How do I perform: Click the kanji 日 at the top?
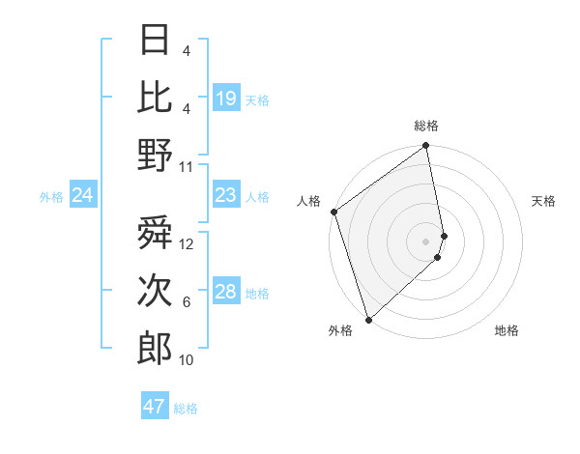point(155,41)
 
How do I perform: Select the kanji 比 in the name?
point(155,98)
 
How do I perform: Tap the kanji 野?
point(155,155)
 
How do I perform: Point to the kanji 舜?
point(155,235)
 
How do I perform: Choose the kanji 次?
point(155,291)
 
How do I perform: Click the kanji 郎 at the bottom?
point(155,349)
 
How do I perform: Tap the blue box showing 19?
point(226,99)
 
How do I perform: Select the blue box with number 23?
point(226,196)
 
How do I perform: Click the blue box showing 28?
point(226,293)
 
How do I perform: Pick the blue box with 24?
point(83,196)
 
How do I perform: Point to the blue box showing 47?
point(155,407)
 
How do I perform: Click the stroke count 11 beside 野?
point(188,166)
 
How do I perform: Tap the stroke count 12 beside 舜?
point(188,244)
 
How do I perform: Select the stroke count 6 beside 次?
point(187,302)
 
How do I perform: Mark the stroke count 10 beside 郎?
point(188,360)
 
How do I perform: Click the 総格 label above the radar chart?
point(425,126)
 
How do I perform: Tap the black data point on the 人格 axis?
point(333,212)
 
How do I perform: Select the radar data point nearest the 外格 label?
point(368,319)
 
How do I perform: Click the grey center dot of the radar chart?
point(425,241)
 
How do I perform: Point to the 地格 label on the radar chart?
point(507,331)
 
